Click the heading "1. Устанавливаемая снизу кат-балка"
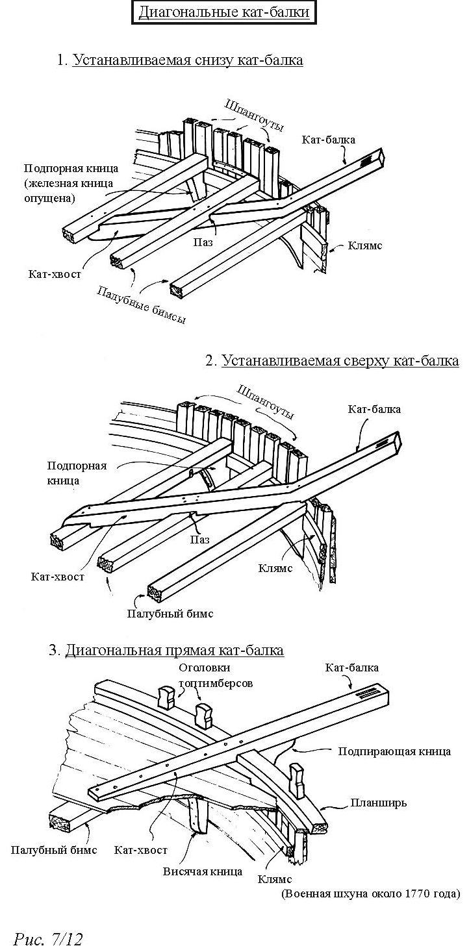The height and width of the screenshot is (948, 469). [181, 60]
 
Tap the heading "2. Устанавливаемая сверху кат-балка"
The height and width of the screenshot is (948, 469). [333, 360]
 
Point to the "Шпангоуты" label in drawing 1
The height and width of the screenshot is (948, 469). [253, 115]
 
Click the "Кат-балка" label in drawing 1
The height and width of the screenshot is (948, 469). [329, 140]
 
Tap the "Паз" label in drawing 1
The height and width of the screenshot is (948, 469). [203, 242]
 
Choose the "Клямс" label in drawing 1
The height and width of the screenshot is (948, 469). [365, 245]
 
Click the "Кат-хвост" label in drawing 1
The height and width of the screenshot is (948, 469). [55, 274]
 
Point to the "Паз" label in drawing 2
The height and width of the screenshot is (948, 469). [199, 540]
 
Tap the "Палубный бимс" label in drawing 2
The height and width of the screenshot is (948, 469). [170, 614]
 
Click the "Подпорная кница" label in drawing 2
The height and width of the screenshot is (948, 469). [77, 473]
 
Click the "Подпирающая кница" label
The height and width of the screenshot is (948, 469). [394, 752]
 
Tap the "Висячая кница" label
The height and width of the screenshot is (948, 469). [203, 871]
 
